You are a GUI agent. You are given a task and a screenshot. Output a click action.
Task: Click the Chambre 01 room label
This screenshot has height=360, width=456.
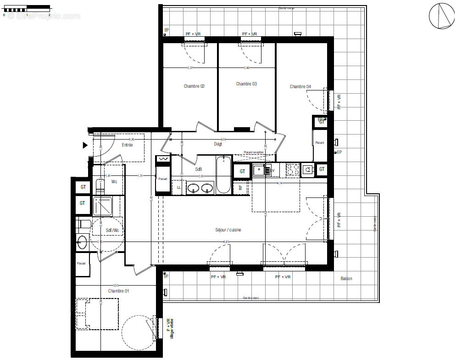[118, 291]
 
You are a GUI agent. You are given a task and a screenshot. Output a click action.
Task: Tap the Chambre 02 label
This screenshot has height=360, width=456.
[194, 86]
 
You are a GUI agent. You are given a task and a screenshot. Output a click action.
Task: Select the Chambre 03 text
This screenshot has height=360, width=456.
[246, 84]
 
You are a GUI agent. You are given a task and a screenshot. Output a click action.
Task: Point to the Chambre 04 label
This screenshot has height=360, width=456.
[300, 87]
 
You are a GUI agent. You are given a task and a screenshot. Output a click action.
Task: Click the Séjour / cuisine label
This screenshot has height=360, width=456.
[228, 230]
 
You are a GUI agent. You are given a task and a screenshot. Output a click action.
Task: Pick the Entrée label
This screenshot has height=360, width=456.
[127, 145]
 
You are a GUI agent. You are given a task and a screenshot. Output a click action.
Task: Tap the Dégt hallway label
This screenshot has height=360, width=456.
[218, 144]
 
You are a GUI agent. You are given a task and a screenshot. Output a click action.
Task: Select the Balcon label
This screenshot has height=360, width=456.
[346, 279]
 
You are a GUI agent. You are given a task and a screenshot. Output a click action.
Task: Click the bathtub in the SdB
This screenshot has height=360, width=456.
[224, 174]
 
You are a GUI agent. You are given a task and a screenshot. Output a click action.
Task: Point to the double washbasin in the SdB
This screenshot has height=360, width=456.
[200, 188]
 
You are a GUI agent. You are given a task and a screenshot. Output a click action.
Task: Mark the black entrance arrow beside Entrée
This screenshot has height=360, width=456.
[85, 146]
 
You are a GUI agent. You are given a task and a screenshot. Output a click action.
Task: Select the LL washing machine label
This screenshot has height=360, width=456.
[178, 187]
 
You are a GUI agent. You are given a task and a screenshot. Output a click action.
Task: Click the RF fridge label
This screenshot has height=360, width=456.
[240, 187]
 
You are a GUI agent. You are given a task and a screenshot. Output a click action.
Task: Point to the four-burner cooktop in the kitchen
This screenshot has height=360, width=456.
[292, 170]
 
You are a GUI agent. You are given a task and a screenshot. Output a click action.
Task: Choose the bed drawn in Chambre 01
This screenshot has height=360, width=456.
[97, 314]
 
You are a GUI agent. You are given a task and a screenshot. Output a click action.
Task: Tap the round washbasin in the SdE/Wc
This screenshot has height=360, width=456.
[83, 242]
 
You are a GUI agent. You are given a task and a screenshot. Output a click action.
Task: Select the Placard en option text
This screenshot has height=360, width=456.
[254, 152]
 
